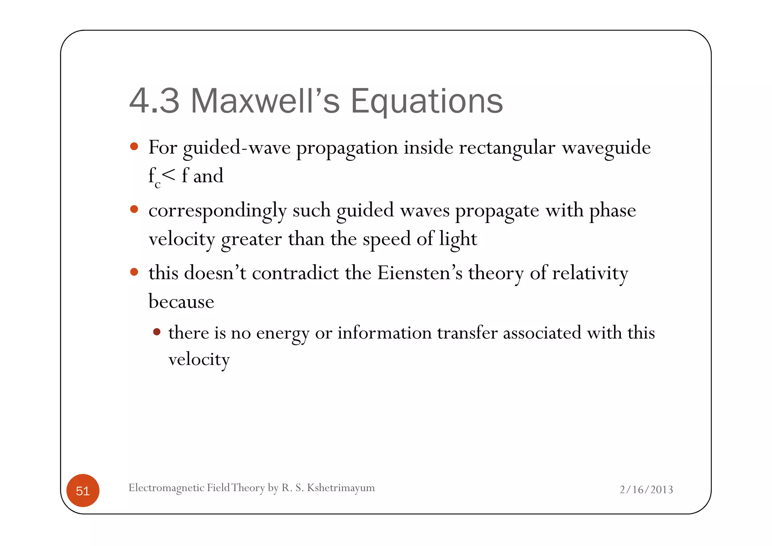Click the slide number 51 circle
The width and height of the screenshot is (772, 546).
pyautogui.click(x=83, y=490)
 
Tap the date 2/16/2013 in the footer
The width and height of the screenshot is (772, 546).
pyautogui.click(x=646, y=489)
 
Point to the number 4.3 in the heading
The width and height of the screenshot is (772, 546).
pyautogui.click(x=154, y=101)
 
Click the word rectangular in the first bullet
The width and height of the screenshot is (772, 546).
pyautogui.click(x=507, y=148)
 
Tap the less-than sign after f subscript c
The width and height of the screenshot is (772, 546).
pyautogui.click(x=168, y=175)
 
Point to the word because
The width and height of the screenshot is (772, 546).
pyautogui.click(x=181, y=301)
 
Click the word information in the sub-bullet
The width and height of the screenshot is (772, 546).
pyautogui.click(x=384, y=333)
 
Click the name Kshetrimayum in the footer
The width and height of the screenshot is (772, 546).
pyautogui.click(x=341, y=488)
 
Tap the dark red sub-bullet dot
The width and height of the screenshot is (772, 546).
pyautogui.click(x=157, y=332)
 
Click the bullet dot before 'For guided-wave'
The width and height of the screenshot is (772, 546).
pyautogui.click(x=134, y=146)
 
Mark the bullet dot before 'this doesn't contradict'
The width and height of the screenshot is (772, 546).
pyautogui.click(x=134, y=272)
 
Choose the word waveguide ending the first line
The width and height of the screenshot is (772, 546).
pyautogui.click(x=606, y=148)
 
